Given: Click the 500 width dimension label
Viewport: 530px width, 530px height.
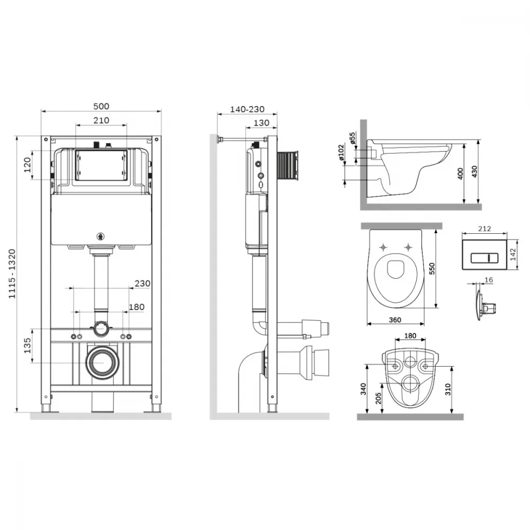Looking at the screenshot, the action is pos(101,106).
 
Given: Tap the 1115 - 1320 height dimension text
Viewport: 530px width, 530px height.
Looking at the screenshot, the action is pos(12,274).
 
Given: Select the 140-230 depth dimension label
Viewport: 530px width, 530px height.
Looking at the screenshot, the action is pos(247,109).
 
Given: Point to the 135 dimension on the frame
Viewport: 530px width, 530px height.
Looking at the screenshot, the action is pos(27,346).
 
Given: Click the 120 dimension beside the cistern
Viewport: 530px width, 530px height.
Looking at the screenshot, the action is pos(27,165).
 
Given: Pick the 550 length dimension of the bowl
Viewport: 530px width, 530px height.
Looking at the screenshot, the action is pos(431,268).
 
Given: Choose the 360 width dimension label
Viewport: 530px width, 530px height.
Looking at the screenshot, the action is pos(395,320).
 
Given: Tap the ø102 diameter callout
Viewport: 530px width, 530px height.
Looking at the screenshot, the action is pos(341,153).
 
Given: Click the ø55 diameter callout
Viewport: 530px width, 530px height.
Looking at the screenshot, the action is pos(352,138).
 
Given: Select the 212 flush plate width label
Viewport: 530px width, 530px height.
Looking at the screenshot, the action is pos(484,229).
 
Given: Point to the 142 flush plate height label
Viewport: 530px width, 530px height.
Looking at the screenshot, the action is pos(513,254).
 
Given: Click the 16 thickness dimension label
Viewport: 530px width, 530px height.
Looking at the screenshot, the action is pos(489,280).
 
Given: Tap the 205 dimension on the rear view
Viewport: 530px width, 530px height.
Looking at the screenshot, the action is pos(378,398).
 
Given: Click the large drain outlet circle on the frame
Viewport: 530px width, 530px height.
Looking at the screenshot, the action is pos(102,361).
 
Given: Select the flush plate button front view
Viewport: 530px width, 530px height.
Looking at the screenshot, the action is pos(484,259).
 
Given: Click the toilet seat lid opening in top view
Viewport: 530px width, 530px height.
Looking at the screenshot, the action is pos(395,269).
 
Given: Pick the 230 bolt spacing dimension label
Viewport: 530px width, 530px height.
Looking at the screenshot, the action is pos(142,283).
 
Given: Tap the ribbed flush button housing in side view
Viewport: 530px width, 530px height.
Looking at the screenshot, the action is pos(288,165).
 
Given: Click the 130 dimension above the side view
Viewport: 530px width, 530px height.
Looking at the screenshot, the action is pos(261,123).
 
